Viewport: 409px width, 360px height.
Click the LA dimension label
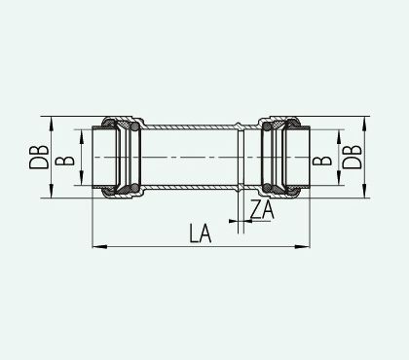(x=201, y=234)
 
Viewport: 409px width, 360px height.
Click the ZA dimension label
(x=262, y=209)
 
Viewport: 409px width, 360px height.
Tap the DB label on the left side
(x=39, y=157)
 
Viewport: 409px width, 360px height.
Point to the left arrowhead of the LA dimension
(x=99, y=247)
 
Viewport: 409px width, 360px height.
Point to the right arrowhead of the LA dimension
(x=303, y=247)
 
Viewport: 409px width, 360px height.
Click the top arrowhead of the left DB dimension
(x=52, y=124)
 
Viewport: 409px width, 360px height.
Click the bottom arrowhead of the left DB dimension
(x=52, y=191)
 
